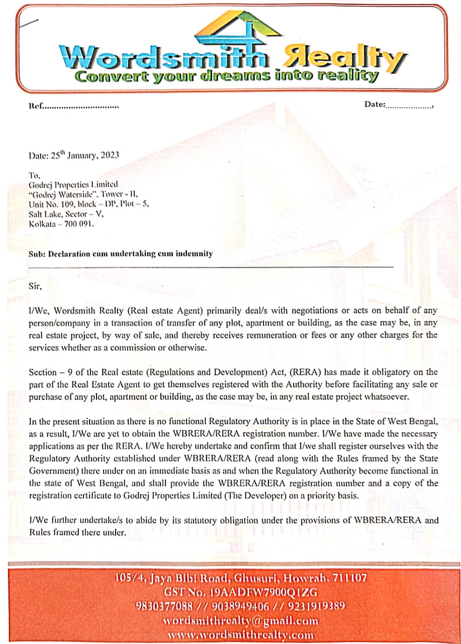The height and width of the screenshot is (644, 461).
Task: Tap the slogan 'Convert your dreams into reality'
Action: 226,76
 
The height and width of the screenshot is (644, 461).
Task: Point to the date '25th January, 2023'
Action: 85,155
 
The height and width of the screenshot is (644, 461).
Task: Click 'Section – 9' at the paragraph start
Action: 50,372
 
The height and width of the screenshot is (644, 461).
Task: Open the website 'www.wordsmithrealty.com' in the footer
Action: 240,635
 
